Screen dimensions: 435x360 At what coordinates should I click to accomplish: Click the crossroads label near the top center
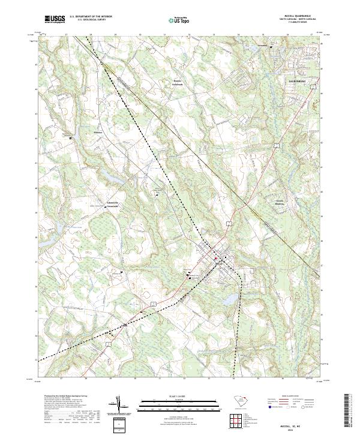161,82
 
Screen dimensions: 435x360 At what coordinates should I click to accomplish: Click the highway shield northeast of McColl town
229,223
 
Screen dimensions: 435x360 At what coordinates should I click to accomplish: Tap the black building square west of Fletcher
71,138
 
